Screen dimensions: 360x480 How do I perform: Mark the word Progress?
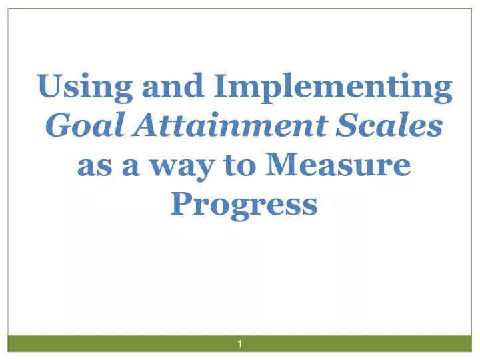coord(243,203)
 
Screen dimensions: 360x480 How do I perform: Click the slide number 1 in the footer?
coord(239,343)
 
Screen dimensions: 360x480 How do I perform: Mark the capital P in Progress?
coord(181,202)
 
